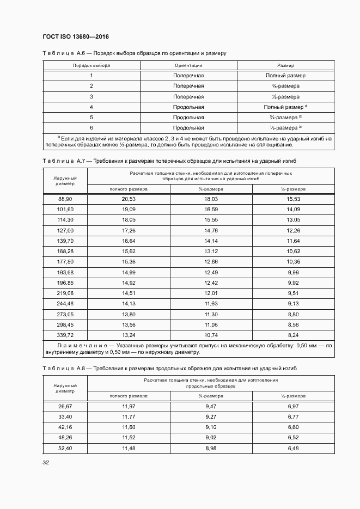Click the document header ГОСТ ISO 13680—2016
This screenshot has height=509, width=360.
point(76,36)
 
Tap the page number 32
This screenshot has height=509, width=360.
point(46,463)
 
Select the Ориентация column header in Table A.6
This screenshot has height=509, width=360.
point(188,65)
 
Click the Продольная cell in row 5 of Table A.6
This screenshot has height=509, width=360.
point(188,117)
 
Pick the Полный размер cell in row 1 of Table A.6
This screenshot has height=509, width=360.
point(285,76)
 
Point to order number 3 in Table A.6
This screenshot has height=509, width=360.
point(91,96)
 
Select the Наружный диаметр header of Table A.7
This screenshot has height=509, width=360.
point(65,181)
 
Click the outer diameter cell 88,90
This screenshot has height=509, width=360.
point(65,199)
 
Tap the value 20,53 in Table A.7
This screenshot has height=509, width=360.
point(129,199)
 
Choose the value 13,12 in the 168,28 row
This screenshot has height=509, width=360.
point(211,251)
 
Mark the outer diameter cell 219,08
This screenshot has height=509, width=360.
point(65,292)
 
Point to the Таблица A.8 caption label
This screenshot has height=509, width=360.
point(62,369)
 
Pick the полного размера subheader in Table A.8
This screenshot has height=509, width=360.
point(129,396)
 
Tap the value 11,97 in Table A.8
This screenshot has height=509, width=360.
point(129,406)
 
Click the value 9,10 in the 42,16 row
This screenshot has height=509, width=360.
point(211,427)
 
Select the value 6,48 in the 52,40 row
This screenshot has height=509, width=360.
point(293,447)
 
